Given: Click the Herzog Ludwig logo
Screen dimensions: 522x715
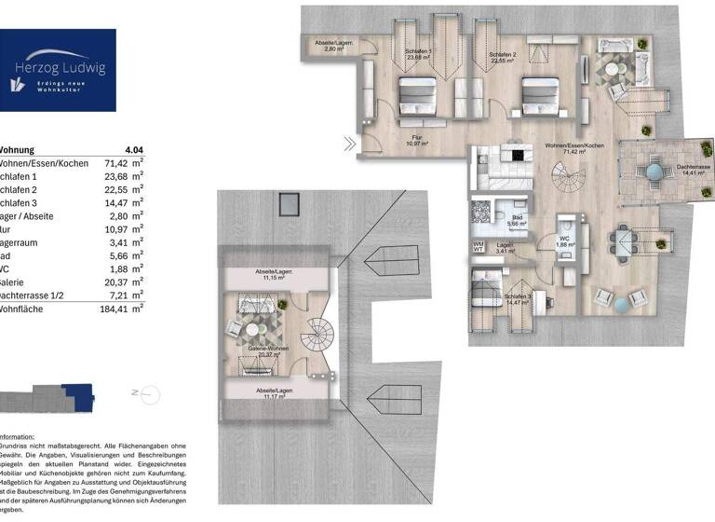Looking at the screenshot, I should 58,70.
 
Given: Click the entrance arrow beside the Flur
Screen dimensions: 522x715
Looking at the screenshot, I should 349,144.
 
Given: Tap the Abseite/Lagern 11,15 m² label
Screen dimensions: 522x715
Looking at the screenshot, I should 275,274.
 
